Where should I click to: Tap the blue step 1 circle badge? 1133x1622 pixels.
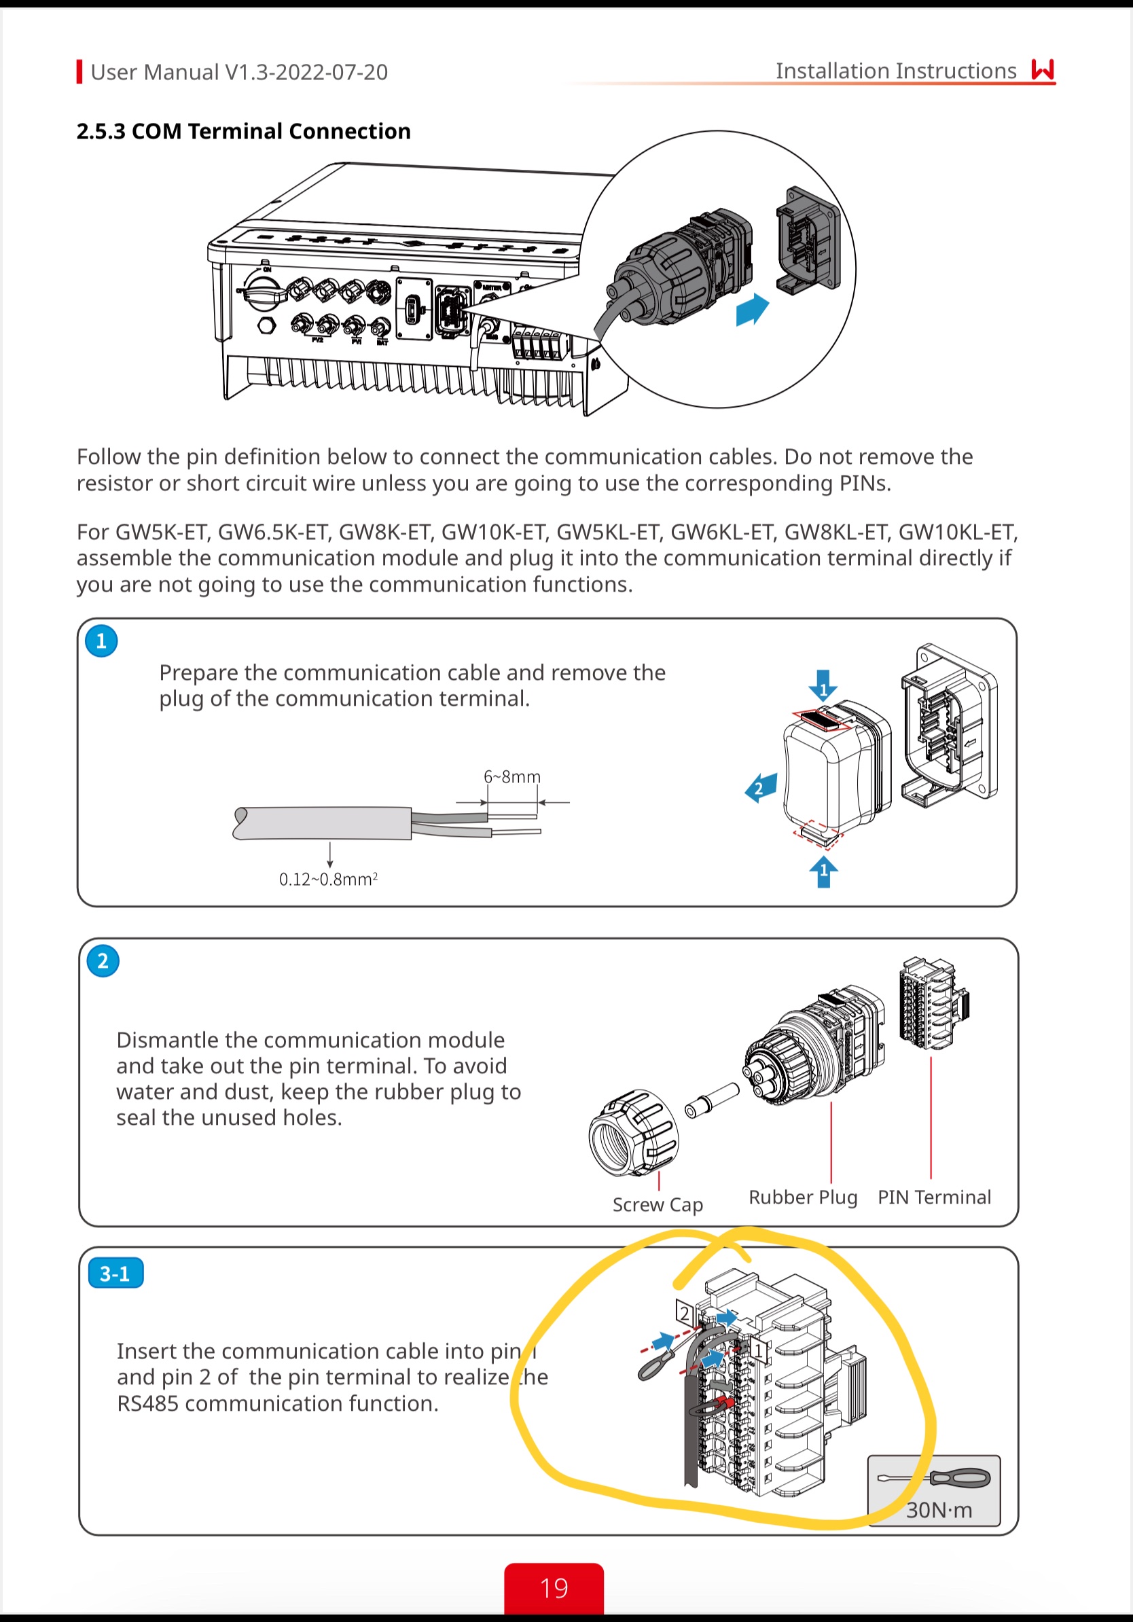coord(101,641)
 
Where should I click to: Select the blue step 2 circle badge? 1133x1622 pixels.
coord(103,960)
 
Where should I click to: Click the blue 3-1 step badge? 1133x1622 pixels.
coord(115,1273)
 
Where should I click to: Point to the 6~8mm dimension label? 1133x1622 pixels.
coord(512,776)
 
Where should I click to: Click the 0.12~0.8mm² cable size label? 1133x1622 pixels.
coord(329,879)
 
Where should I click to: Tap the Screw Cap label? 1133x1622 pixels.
coord(658,1204)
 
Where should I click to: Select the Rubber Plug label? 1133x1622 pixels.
coord(803,1197)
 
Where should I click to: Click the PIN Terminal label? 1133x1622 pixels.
coord(934,1197)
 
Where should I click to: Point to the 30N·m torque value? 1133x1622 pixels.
coord(939,1510)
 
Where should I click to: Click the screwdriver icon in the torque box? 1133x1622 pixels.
coord(934,1477)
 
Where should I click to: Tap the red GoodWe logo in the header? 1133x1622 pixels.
coord(1043,70)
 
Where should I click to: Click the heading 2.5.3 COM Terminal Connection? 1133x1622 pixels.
coord(244,131)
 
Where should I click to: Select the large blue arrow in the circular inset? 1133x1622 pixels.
coord(751,310)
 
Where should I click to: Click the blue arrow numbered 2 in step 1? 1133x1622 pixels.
coord(761,787)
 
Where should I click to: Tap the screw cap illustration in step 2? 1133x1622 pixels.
coord(634,1133)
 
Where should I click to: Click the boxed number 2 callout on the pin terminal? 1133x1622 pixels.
coord(684,1313)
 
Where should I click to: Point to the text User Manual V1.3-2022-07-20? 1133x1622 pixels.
coord(240,72)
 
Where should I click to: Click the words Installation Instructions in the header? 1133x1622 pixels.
coord(896,71)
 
